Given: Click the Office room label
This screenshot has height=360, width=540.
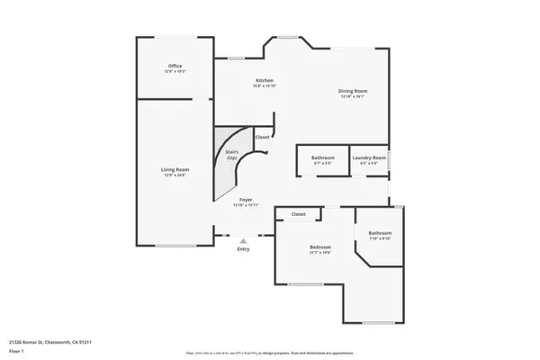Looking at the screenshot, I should (175, 67).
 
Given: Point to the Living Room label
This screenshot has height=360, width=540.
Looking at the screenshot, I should (175, 169).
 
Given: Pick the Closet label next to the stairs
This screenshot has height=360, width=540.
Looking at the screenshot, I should (262, 137).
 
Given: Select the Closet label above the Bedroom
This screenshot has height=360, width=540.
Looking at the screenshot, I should (299, 214).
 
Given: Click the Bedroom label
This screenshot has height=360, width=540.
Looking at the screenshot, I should (320, 247).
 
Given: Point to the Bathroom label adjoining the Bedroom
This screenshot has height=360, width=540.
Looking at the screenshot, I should (379, 233).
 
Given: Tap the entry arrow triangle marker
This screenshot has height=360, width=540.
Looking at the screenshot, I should (243, 238).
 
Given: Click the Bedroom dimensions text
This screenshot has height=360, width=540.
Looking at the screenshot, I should (320, 252).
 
